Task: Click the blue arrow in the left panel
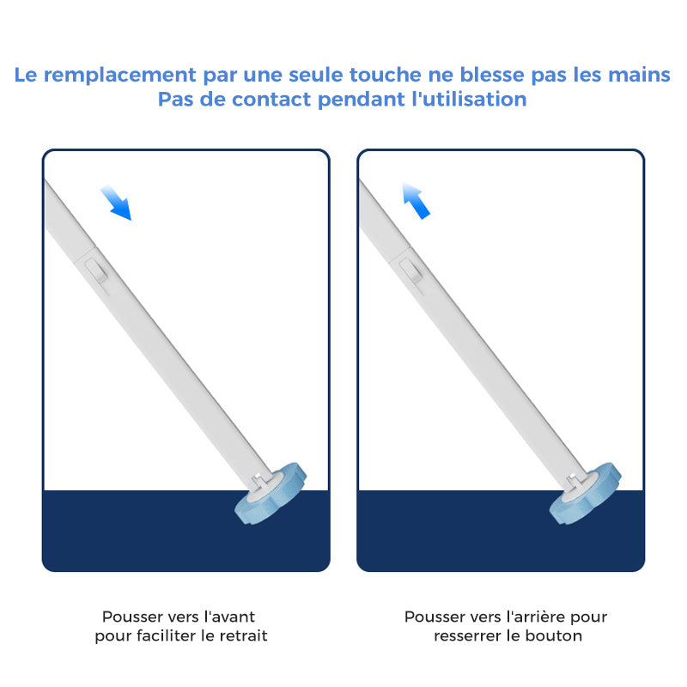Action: [115, 203]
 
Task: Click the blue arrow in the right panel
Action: [416, 201]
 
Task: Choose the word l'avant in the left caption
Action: [226, 617]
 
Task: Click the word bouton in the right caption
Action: [556, 636]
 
